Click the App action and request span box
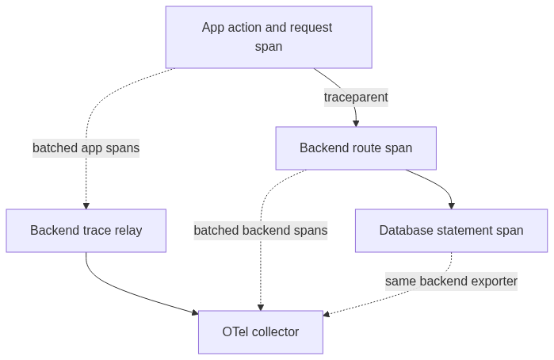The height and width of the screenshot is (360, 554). (269, 37)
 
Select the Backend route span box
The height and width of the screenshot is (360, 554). (356, 148)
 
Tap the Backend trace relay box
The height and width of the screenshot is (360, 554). (86, 231)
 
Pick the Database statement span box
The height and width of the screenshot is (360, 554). (451, 231)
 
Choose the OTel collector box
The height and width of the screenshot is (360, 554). (261, 332)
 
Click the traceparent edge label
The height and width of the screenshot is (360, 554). (356, 98)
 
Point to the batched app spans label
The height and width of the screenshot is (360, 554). (86, 147)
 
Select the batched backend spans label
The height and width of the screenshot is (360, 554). (261, 231)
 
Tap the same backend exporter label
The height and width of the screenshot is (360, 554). (451, 281)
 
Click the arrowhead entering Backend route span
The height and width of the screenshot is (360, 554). (356, 124)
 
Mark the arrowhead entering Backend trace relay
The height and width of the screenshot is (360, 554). (86, 206)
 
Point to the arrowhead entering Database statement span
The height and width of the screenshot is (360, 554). (451, 206)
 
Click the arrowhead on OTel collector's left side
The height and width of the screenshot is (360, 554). (195, 312)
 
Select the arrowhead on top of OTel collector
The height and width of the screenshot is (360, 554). (261, 308)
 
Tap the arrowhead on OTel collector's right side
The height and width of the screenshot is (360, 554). (327, 314)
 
